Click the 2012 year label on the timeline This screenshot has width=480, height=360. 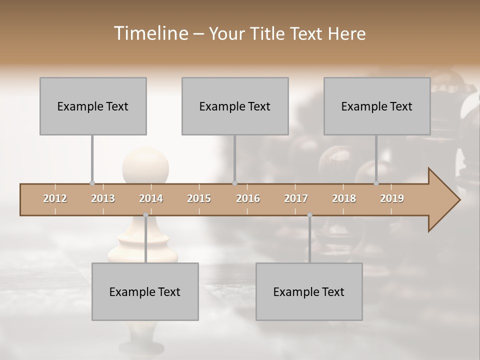point(55,198)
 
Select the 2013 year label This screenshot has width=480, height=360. point(103,198)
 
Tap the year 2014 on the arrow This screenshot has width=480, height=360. point(151,198)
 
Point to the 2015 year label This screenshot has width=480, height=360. point(199,198)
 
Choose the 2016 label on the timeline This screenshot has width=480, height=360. point(248,198)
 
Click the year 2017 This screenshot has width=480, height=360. point(296,198)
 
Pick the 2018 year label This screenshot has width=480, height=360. point(344,198)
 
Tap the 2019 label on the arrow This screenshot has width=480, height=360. point(392,198)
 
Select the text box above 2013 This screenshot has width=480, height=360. point(93,106)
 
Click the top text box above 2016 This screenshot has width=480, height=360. point(235,106)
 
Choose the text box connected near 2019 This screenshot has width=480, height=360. point(377,106)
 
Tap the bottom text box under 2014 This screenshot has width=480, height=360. point(145,291)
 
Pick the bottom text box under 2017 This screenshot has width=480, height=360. point(309,291)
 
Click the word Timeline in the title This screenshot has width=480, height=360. point(150,33)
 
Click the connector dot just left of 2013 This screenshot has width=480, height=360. point(92,183)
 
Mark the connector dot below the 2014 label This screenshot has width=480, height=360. point(145,215)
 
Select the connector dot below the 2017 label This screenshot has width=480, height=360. point(309,215)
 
